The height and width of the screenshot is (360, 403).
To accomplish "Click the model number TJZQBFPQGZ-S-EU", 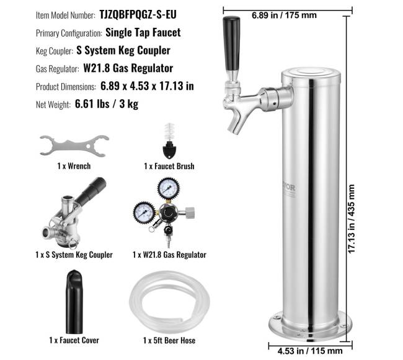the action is click(x=138, y=15).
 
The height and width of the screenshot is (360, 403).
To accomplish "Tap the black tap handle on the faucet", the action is click(x=231, y=43).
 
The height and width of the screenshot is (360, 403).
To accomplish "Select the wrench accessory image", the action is click(x=74, y=146).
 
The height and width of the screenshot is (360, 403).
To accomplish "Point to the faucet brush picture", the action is click(x=169, y=141).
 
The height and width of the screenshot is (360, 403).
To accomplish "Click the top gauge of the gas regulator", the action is click(x=169, y=188).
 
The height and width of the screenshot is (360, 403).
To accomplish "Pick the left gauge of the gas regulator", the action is click(x=144, y=213).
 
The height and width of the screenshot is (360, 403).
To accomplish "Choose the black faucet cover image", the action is click(x=74, y=302).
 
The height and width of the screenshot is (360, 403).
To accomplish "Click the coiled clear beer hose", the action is click(x=169, y=303).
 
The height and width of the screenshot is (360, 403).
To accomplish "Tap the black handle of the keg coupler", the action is click(x=92, y=190).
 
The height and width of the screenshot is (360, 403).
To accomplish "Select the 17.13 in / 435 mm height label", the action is click(x=352, y=219).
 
